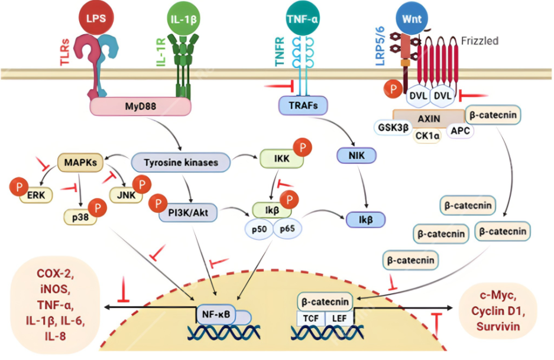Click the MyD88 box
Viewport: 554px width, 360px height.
pyautogui.click(x=140, y=106)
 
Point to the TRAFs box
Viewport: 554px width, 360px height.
pyautogui.click(x=303, y=106)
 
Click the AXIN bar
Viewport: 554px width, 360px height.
pyautogui.click(x=429, y=118)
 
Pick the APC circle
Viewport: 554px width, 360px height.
pyautogui.click(x=461, y=131)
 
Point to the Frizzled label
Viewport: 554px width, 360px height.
pyautogui.click(x=480, y=41)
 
